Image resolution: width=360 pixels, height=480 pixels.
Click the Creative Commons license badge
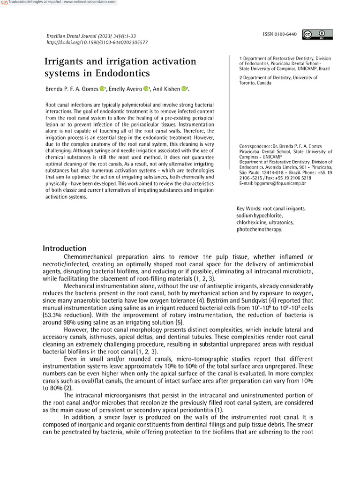317,34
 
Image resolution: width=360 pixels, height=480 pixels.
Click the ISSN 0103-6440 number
280,34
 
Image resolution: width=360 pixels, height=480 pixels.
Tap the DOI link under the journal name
97,42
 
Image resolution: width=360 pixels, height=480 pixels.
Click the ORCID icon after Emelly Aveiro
146,89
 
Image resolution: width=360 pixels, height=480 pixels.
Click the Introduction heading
65,248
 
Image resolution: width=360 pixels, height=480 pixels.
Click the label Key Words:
248,208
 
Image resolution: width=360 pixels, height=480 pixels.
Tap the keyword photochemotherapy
259,229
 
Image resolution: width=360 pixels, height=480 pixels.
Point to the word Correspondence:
255,146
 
